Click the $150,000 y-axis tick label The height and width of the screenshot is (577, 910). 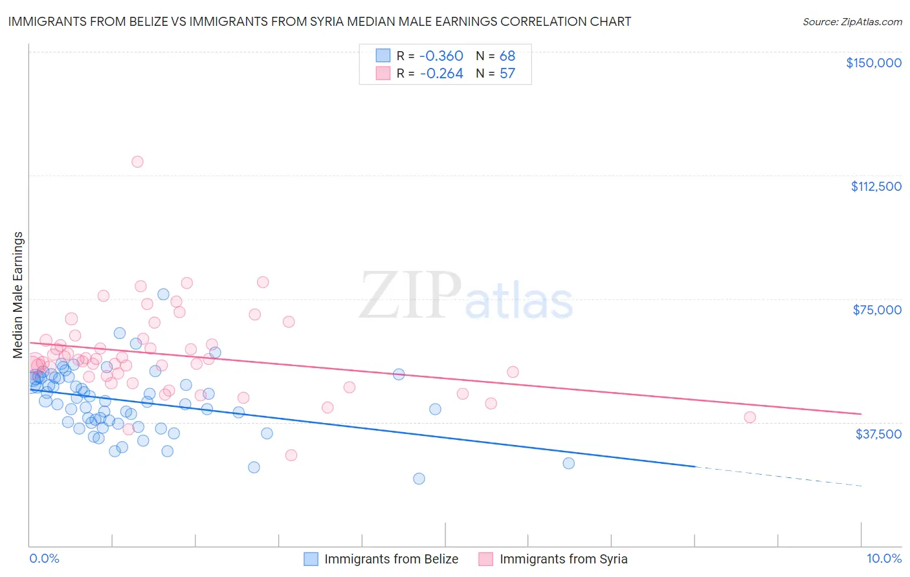coord(873,63)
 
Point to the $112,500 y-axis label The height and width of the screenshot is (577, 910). coord(876,186)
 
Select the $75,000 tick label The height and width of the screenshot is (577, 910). coord(877,310)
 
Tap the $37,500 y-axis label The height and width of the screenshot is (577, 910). coord(878,433)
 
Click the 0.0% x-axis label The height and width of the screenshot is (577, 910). coord(44,558)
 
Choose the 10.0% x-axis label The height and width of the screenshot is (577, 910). coord(883,558)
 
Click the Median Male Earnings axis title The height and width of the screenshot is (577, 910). coord(17,294)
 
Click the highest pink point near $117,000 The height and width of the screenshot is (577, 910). coord(137,162)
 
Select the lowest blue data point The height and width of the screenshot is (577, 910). coord(419,479)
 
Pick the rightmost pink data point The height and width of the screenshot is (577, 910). coord(749,417)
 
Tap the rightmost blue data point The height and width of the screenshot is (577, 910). coord(568,463)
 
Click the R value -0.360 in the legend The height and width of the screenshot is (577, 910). coord(441,56)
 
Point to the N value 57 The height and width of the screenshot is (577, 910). coord(507,74)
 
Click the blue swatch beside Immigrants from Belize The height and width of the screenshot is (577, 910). coord(311,559)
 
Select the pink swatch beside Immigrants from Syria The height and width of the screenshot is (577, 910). coord(486,559)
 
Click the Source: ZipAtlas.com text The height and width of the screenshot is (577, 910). coord(852,22)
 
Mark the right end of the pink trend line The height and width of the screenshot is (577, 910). coord(861,413)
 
